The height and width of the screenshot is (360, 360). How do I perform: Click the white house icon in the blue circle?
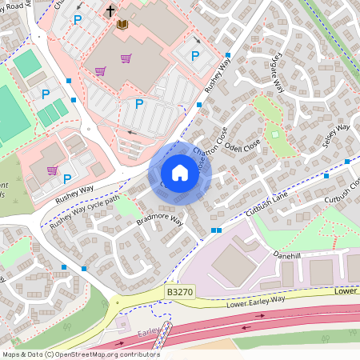(180, 173)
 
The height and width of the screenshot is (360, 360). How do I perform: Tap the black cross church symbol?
(110, 12)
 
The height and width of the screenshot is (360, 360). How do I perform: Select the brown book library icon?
(122, 25)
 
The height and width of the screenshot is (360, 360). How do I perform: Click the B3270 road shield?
(179, 294)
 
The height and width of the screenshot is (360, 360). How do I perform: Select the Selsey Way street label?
(335, 133)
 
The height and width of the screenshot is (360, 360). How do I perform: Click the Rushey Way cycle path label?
(85, 214)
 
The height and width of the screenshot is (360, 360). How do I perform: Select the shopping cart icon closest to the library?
(126, 58)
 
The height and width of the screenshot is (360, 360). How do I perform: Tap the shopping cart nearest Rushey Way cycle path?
(52, 170)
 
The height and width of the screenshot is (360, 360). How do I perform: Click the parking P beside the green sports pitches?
(46, 94)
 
